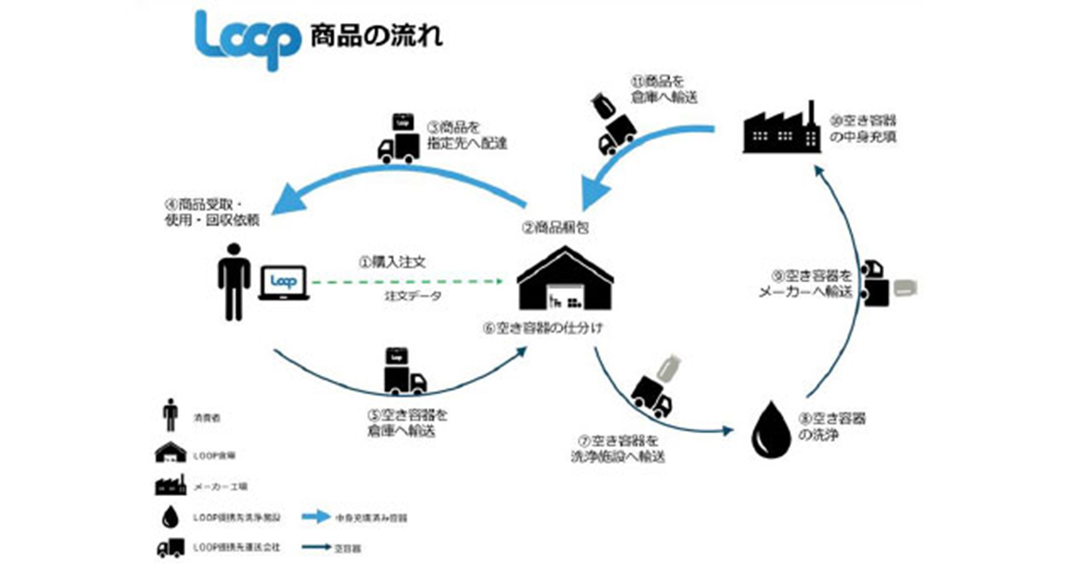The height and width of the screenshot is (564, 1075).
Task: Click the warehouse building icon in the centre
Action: [x=563, y=280]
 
